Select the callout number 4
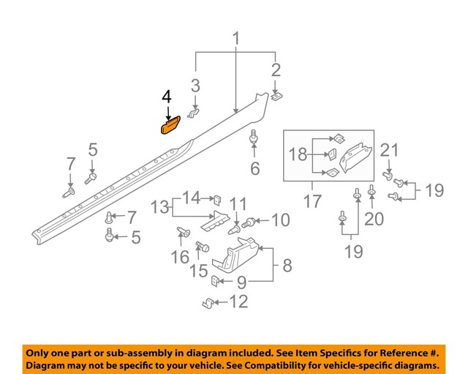click(x=167, y=97)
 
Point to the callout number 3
click(x=195, y=86)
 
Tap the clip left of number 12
click(x=208, y=302)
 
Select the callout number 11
click(x=238, y=203)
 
